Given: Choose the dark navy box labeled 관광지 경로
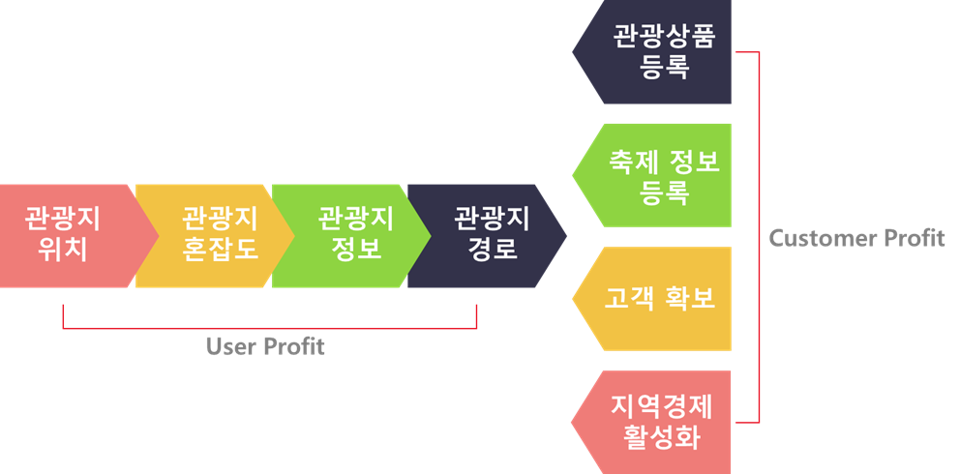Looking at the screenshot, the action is [484, 235].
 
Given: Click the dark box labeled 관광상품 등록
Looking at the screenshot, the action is [658, 51].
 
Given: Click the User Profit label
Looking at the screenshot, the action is [265, 346].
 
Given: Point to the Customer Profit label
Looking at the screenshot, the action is [856, 238].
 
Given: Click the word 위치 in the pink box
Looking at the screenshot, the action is [63, 250].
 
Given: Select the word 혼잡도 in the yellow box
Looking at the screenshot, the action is [221, 250].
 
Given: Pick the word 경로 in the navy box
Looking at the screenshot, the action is [493, 250].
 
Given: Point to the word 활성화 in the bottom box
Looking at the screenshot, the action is [663, 437].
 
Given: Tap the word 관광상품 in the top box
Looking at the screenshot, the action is [664, 37].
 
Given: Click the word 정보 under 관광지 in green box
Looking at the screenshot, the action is [356, 250].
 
